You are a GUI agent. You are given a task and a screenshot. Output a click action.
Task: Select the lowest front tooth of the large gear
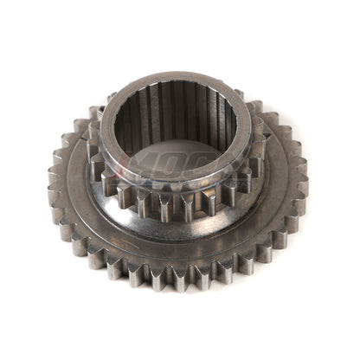coord(184,279)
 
